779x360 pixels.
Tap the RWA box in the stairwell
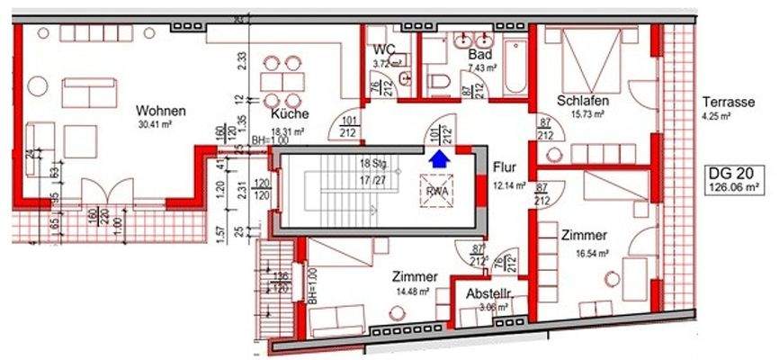(438, 190)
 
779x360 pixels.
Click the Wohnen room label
(161, 111)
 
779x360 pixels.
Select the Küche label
(290, 114)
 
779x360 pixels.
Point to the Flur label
(503, 167)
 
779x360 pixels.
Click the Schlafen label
(583, 100)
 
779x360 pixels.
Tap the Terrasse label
(729, 101)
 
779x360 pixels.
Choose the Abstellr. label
(488, 294)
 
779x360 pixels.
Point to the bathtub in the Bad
(516, 67)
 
